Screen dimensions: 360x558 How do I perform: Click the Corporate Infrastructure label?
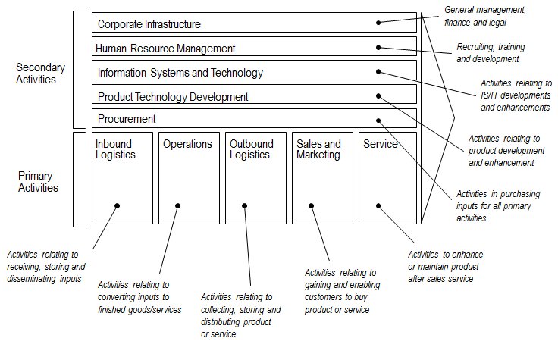click(x=149, y=24)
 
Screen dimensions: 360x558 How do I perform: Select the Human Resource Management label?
click(x=165, y=49)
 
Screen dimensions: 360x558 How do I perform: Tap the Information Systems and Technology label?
click(x=180, y=73)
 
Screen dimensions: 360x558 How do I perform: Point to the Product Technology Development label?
click(x=172, y=97)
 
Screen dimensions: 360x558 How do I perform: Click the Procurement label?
click(x=127, y=119)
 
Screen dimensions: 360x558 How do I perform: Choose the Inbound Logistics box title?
click(x=115, y=149)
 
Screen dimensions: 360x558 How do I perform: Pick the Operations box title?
click(x=187, y=144)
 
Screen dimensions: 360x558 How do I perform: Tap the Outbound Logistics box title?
click(x=249, y=149)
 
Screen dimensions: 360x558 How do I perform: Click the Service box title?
click(x=381, y=144)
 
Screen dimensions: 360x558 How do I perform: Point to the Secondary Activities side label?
click(x=40, y=73)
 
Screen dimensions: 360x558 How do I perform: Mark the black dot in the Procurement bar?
click(x=378, y=119)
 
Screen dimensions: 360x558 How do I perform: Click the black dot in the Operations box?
click(x=178, y=205)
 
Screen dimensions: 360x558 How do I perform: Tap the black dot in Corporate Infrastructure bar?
click(x=378, y=23)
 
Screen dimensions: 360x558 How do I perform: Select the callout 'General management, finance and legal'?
click(x=484, y=17)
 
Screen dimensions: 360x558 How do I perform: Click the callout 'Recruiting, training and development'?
click(x=491, y=52)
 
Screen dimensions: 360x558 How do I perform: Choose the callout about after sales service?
click(x=445, y=266)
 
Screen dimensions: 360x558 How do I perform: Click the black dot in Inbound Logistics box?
click(x=118, y=205)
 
